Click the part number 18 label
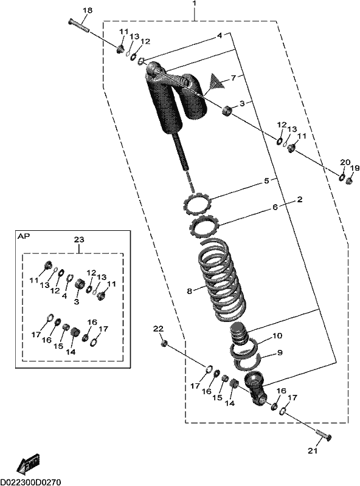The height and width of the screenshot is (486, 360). (88, 10)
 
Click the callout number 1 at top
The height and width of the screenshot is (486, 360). (194, 4)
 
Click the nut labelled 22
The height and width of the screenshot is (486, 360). (164, 343)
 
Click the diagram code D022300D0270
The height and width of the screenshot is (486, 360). (30, 482)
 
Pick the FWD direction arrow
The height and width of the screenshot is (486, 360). (29, 465)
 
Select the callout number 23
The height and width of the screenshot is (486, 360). (79, 239)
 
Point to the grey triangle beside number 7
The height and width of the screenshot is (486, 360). (216, 82)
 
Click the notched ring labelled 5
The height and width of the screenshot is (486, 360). (198, 203)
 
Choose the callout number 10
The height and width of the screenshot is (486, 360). (277, 336)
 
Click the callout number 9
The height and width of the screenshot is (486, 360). (279, 352)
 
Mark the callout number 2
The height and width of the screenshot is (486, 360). (299, 199)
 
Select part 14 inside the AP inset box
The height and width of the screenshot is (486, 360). (74, 332)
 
